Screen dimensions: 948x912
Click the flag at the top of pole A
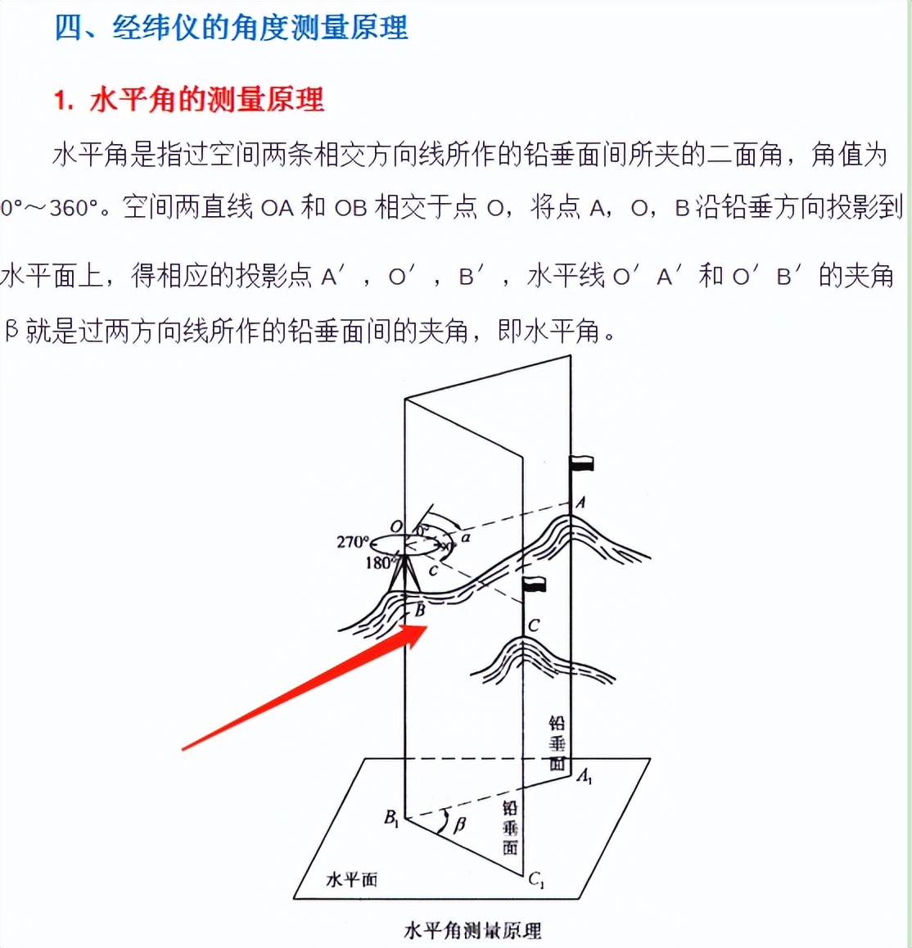582,464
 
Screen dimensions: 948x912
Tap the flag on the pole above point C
535,584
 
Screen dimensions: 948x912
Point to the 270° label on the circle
353,542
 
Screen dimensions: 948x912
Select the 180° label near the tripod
379,562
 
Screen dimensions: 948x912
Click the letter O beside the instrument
396,526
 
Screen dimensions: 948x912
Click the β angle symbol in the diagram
458,824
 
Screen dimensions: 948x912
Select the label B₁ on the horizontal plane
391,817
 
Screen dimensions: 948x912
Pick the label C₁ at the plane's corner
536,880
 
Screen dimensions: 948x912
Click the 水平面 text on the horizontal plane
352,879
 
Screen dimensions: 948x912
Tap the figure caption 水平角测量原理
472,930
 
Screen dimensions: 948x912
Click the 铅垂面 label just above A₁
557,743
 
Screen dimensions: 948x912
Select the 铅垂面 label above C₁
510,828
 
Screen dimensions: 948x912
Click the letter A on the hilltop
580,503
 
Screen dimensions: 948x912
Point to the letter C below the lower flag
534,625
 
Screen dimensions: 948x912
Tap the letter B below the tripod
420,609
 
